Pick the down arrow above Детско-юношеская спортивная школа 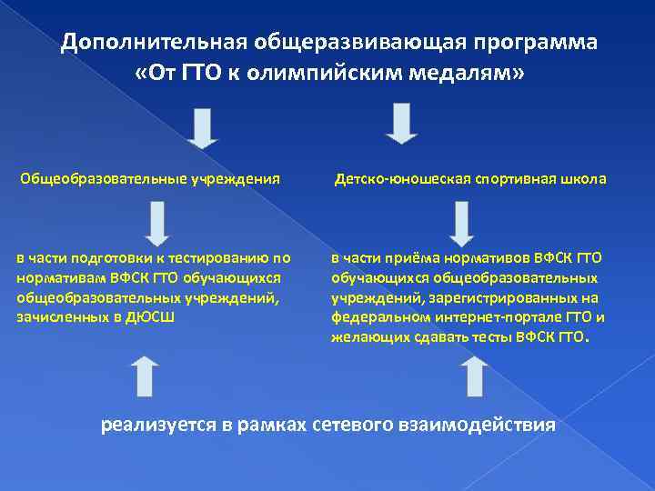[x=401, y=124]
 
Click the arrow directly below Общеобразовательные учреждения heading [x=156, y=222]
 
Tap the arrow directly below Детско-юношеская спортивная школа [x=462, y=222]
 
